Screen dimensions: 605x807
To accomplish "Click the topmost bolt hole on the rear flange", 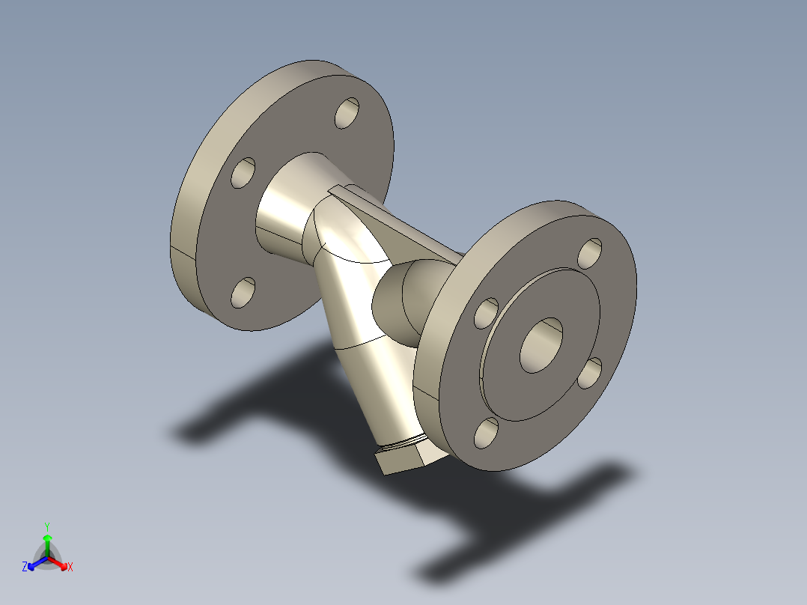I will (347, 113).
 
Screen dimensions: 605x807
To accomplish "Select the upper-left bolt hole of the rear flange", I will (243, 173).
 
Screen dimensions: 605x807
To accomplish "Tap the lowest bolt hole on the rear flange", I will (243, 292).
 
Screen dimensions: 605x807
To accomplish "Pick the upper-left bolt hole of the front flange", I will (487, 313).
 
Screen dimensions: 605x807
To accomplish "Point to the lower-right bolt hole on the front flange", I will (590, 372).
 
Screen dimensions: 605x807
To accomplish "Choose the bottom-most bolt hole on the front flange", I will (486, 433).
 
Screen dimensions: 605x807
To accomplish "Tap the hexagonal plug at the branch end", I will (401, 458).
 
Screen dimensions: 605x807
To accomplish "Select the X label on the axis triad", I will (70, 568).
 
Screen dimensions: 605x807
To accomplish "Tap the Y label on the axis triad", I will (47, 526).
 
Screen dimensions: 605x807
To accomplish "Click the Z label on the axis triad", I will (25, 567).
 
